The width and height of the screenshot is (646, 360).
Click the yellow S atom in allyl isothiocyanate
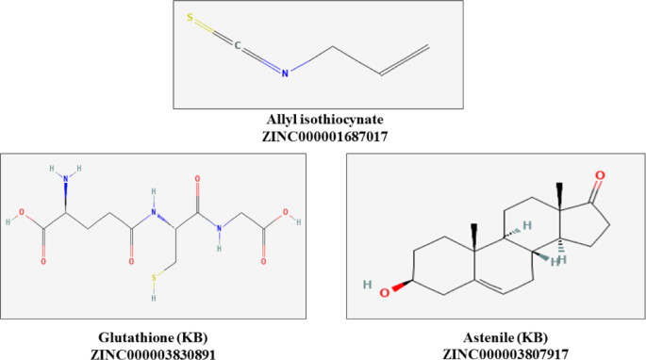click(x=190, y=17)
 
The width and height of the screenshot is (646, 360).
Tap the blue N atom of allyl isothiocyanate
click(x=289, y=68)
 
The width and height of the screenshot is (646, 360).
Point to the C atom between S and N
click(x=240, y=43)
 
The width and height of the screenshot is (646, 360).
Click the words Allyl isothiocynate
click(x=324, y=122)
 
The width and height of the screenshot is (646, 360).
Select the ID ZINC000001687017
click(x=324, y=137)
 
